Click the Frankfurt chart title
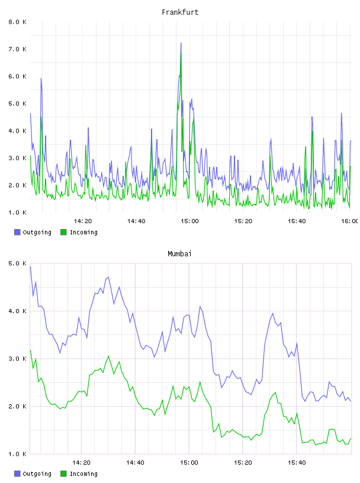click(180, 12)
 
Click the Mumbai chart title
click(179, 254)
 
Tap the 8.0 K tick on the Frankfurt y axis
click(18, 22)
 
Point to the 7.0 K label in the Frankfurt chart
click(18, 49)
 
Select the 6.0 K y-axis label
click(18, 76)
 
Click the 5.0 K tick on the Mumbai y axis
click(18, 263)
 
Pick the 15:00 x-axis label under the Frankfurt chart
click(189, 221)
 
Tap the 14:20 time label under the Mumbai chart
click(81, 463)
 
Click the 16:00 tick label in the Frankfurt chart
click(350, 221)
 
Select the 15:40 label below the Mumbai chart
click(297, 463)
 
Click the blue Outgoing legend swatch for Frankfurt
click(17, 232)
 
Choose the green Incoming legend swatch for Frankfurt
click(63, 232)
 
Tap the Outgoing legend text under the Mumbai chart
click(37, 474)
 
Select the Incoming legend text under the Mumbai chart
click(83, 474)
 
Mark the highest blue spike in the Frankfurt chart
click(181, 43)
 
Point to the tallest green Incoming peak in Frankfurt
click(181, 53)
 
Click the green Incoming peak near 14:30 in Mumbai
click(108, 356)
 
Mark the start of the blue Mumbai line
click(30, 266)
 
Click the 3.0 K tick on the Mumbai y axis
click(18, 359)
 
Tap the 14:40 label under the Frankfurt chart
click(136, 221)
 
